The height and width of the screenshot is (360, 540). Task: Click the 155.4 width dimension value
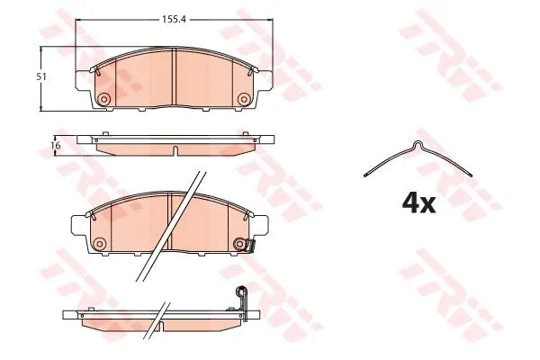(174, 19)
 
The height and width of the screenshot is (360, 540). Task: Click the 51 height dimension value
(41, 76)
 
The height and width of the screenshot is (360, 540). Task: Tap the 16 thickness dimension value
(56, 146)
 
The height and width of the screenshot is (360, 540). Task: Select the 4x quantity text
(418, 203)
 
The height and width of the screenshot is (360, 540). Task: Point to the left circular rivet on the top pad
(103, 99)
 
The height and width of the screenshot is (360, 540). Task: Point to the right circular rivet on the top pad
(244, 99)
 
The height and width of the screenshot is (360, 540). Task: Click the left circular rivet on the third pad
(100, 244)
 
